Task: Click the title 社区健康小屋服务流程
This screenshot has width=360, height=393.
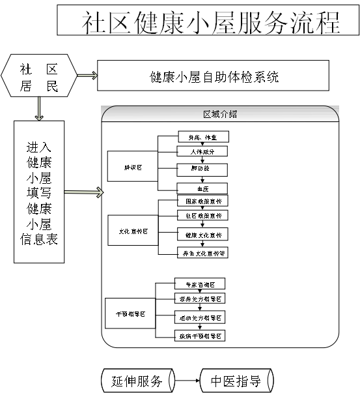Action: point(208,22)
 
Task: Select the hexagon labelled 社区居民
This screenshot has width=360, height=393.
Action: point(39,77)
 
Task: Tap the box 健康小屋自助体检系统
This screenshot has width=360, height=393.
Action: point(213,76)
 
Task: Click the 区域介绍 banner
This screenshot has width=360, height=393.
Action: point(220,113)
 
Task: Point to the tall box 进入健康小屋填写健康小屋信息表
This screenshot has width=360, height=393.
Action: point(39,192)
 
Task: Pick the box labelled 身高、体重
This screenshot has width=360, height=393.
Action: point(202,137)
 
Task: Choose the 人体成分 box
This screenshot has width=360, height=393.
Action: point(202,152)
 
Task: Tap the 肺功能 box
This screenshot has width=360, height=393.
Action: point(202,169)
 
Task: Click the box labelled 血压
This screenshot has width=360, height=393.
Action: point(202,189)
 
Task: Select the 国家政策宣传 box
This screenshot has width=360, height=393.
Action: point(202,201)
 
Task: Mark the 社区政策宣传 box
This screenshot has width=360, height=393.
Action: point(202,215)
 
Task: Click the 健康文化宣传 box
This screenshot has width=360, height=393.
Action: point(202,235)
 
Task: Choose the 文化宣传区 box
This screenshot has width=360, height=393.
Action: point(133,231)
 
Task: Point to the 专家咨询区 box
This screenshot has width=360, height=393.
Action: point(200,284)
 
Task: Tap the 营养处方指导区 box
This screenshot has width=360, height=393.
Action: point(200,298)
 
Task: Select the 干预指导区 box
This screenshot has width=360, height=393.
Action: point(130,313)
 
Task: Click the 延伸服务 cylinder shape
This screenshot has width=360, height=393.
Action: point(137,381)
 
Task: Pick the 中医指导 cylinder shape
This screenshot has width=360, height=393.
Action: point(236,381)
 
